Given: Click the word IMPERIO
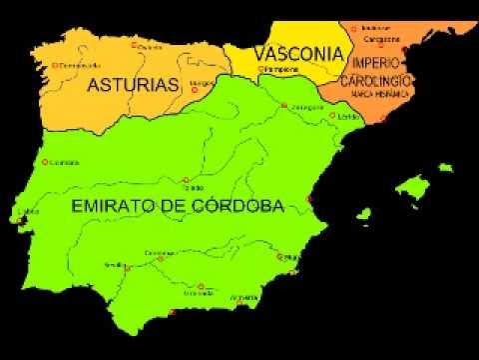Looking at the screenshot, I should (378, 63).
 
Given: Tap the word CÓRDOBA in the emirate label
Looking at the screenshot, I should (235, 206).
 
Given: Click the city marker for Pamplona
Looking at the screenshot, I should (261, 70).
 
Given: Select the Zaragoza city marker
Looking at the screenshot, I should (284, 104).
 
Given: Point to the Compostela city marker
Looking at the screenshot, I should (54, 66).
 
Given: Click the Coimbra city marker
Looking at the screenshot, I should (44, 161).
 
